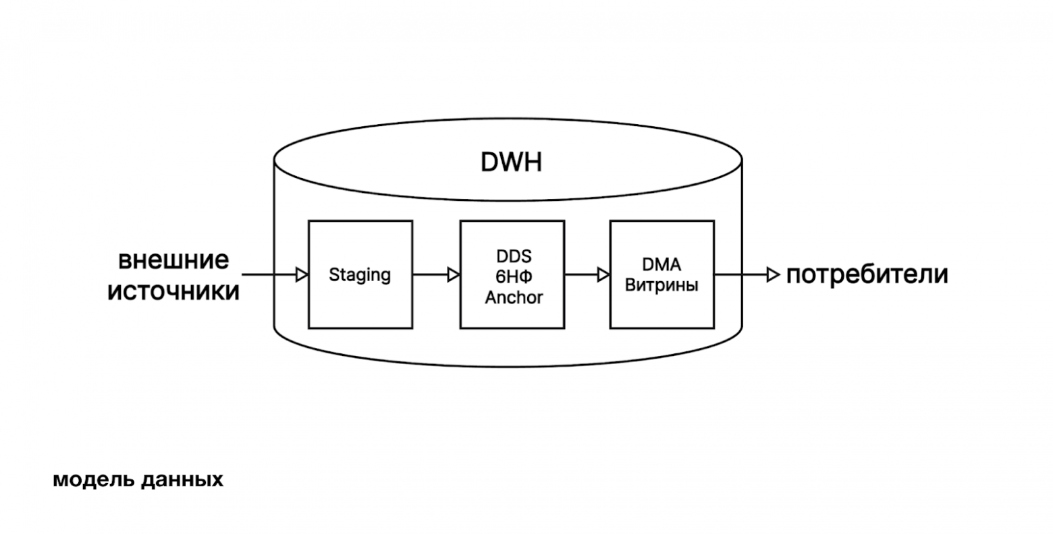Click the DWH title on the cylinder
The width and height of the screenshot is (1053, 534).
[x=510, y=162]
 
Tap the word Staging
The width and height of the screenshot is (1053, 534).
[x=360, y=275]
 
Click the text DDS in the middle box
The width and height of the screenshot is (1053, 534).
[x=513, y=257]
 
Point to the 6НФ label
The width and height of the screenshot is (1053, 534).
[x=513, y=277]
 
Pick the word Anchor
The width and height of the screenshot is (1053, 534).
[x=513, y=297]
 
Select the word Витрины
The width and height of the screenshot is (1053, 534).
[x=661, y=285]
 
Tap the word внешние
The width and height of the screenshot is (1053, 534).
[x=174, y=260]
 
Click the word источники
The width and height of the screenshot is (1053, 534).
[x=174, y=291]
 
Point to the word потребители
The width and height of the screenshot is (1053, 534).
[x=867, y=275]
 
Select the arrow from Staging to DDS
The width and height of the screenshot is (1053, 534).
[x=435, y=274]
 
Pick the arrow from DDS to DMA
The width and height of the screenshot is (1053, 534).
[x=587, y=274]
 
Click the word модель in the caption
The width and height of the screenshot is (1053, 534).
[x=86, y=480]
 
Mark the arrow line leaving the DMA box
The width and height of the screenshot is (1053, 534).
[x=739, y=274]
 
